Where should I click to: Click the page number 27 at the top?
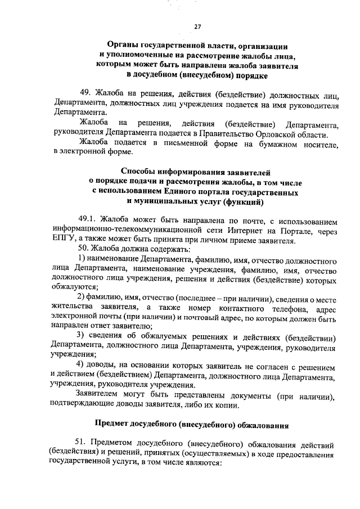pos(197,26)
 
